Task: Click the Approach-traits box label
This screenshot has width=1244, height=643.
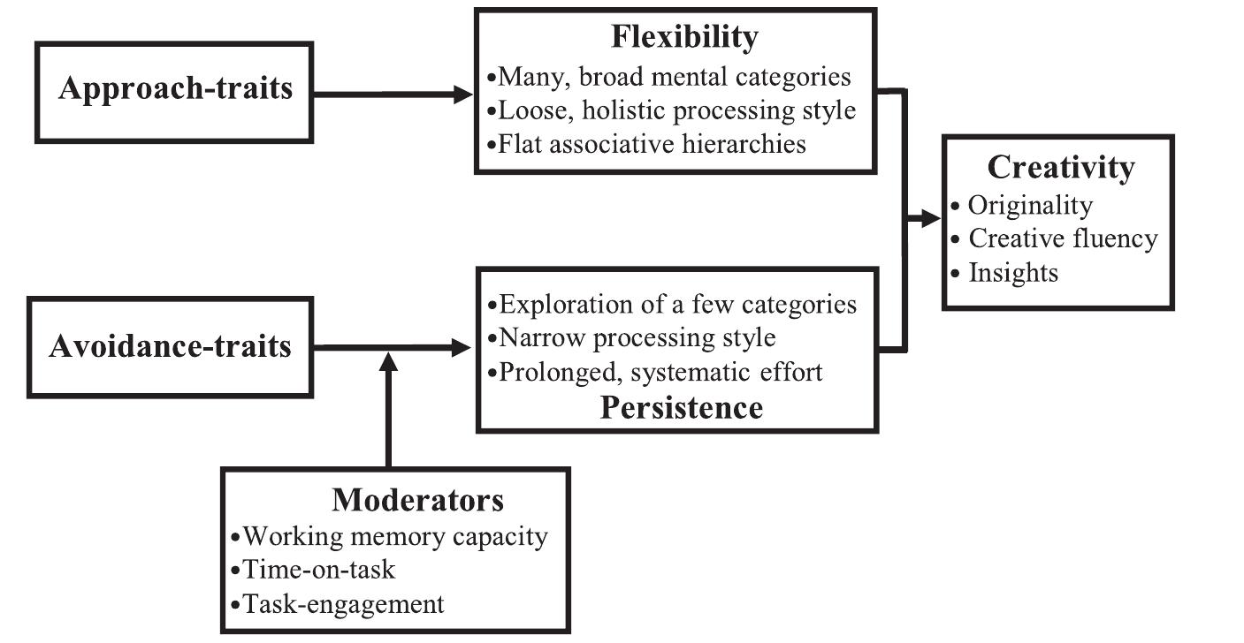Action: [175, 89]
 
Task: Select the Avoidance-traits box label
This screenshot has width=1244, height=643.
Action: [171, 345]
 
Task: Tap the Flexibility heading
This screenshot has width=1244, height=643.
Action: [684, 37]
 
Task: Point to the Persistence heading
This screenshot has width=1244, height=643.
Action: [681, 407]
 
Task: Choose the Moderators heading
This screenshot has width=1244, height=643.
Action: [417, 500]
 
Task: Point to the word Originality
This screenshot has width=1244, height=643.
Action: [1030, 205]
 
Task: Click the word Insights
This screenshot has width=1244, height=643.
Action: [1013, 272]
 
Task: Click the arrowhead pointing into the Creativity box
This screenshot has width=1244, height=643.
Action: [931, 219]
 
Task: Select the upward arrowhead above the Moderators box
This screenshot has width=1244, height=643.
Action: [388, 361]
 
